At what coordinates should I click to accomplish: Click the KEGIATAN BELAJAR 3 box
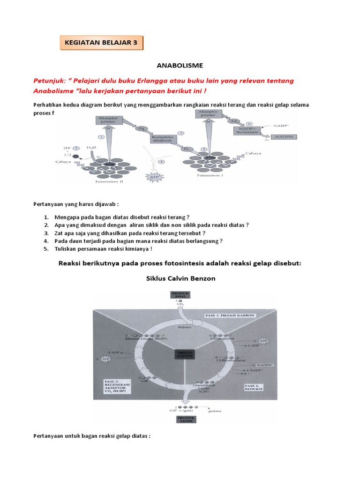102,42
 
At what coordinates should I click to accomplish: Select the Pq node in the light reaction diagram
139,127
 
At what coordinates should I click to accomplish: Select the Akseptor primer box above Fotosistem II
107,119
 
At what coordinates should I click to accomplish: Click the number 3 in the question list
46,233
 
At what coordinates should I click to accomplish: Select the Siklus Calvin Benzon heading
180,278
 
